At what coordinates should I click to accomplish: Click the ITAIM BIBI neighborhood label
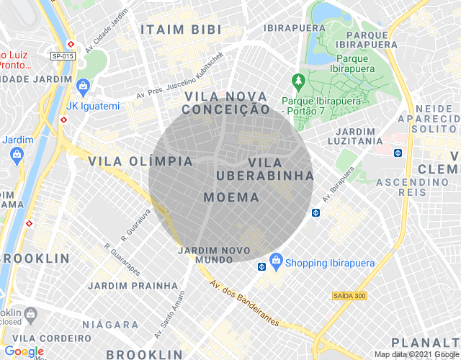click(182, 30)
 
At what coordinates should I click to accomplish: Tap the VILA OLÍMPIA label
click(140, 161)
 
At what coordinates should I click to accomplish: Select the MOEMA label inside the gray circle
click(231, 197)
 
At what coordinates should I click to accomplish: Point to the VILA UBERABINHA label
click(265, 169)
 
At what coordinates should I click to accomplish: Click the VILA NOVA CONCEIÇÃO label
click(226, 103)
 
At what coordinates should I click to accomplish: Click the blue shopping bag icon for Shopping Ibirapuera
click(275, 259)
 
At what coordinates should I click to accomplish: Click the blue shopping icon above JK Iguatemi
click(83, 87)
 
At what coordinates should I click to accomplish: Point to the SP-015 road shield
click(63, 56)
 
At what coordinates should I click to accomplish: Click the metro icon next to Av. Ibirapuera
click(315, 212)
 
